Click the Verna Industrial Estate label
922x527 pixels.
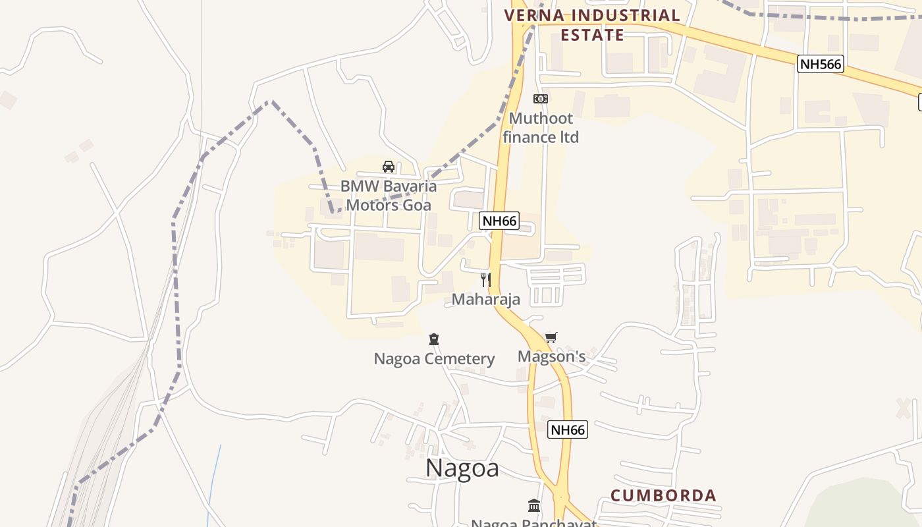592,25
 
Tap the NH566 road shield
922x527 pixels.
820,64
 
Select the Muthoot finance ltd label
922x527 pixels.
541,128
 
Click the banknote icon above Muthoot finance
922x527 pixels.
541,99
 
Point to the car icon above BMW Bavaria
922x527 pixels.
389,167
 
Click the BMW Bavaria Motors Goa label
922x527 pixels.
389,195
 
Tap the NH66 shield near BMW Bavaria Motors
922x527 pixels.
499,221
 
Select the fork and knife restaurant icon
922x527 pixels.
486,280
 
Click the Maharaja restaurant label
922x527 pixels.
486,299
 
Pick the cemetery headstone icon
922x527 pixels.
433,339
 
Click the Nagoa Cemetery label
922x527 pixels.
434,359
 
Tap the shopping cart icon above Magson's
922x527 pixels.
551,338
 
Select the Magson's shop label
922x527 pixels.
551,356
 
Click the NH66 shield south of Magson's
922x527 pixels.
567,430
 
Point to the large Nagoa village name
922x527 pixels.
462,468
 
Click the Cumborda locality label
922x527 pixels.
663,495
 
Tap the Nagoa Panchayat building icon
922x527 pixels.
534,506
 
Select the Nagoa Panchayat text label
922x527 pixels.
533,523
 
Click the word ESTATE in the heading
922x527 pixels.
592,35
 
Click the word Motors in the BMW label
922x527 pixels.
370,205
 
